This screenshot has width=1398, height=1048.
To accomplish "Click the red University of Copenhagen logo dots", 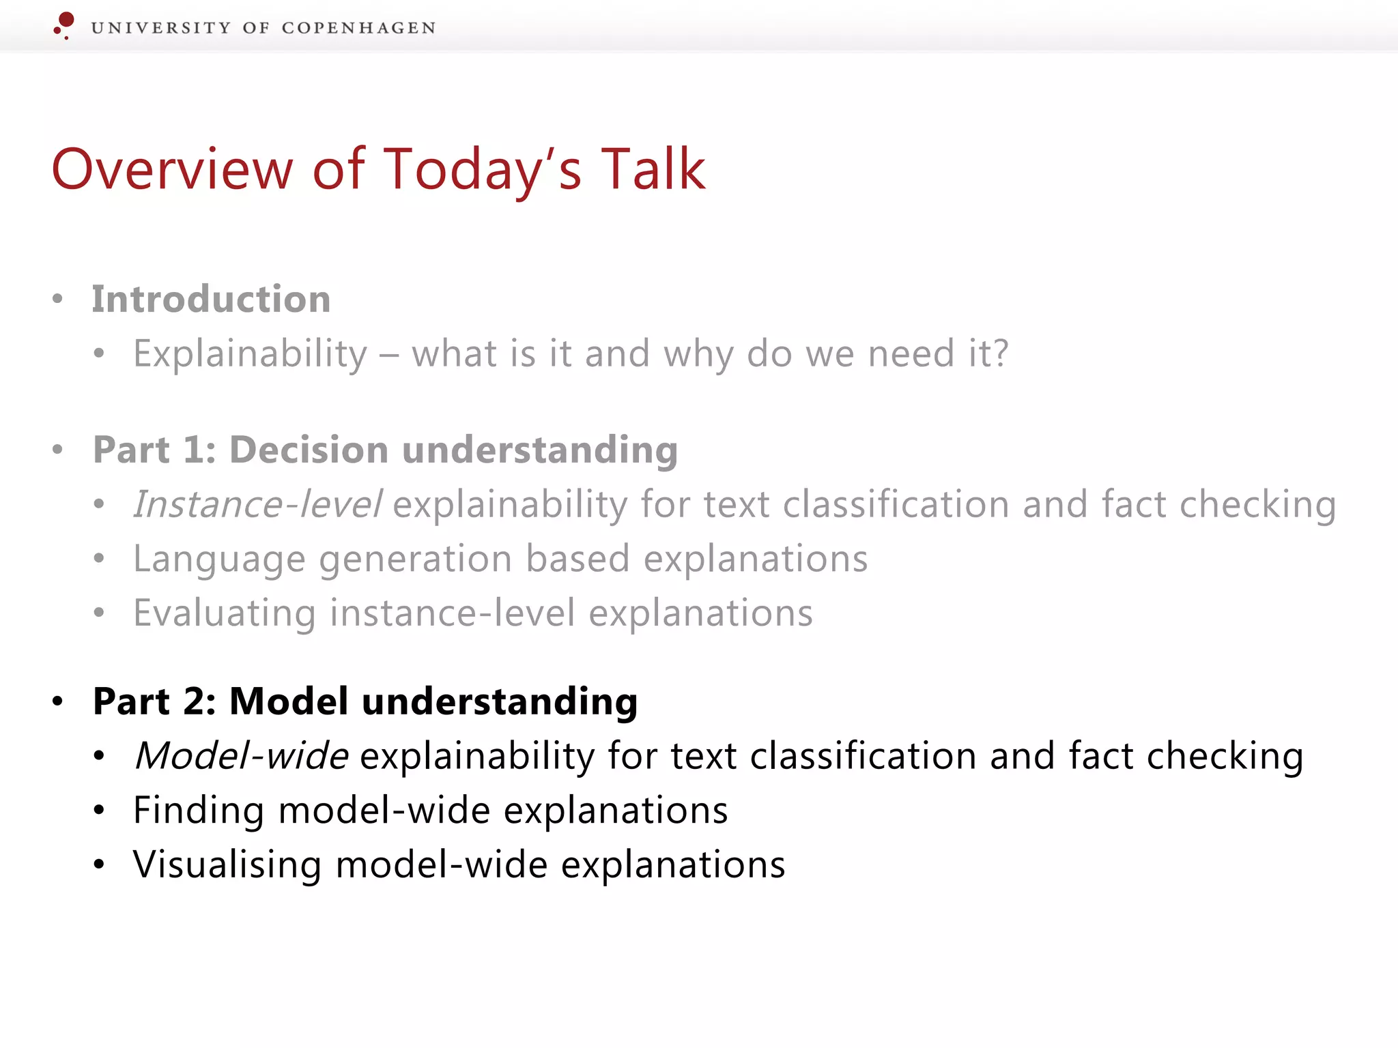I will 65,24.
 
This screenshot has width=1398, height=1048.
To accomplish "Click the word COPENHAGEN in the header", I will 358,28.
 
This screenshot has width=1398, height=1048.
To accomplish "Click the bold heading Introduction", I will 212,300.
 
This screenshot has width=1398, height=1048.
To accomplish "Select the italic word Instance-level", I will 257,505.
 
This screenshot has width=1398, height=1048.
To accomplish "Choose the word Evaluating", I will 224,613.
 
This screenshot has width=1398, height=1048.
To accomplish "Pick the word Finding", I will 198,811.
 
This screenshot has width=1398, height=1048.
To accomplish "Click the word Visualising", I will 227,865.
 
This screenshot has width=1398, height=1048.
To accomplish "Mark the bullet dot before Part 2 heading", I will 58,701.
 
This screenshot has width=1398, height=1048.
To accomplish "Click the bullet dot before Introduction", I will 58,299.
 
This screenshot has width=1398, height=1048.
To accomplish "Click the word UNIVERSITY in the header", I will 161,28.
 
